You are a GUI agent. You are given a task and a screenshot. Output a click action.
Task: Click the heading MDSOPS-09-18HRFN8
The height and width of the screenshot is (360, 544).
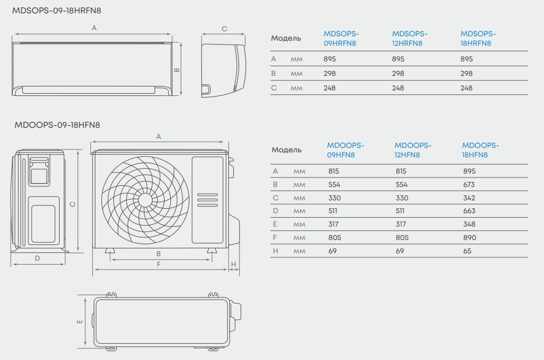(x=56, y=11)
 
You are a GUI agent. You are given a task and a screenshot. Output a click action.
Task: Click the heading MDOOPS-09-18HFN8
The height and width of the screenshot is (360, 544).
(x=57, y=125)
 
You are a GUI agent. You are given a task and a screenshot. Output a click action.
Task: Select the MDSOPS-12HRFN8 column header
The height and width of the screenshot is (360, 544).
(x=410, y=39)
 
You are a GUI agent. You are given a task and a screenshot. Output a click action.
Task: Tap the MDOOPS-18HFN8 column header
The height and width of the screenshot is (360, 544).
(x=480, y=150)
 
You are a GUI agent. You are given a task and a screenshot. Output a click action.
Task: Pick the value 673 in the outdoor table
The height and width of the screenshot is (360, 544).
(x=469, y=185)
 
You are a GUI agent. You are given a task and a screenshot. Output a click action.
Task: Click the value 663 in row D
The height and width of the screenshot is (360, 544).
(x=469, y=211)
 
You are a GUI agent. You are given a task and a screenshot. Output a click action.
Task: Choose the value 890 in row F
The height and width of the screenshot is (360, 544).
(x=469, y=238)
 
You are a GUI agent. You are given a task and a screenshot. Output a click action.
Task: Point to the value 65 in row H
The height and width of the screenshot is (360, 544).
(x=467, y=251)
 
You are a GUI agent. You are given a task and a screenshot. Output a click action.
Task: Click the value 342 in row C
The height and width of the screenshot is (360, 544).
(x=469, y=198)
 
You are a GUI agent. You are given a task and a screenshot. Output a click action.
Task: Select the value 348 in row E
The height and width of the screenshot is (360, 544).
(x=469, y=224)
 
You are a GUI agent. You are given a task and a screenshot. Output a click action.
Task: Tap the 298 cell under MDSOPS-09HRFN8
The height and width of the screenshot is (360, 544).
(x=330, y=74)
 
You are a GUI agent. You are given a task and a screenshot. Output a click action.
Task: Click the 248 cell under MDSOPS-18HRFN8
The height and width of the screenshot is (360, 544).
(x=466, y=88)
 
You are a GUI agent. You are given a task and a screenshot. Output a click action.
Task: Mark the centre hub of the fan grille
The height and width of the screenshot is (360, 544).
(x=145, y=200)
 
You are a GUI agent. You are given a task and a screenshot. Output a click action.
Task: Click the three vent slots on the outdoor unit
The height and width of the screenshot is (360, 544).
(x=208, y=200)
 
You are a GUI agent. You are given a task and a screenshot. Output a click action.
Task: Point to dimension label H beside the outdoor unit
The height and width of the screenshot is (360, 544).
(x=233, y=265)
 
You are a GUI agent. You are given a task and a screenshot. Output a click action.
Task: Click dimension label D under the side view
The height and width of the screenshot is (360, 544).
(x=37, y=258)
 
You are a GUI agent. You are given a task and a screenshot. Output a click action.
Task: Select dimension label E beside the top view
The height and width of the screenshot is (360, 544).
(x=79, y=321)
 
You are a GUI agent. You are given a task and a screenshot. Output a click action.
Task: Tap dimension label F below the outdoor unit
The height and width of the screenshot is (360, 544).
(x=158, y=265)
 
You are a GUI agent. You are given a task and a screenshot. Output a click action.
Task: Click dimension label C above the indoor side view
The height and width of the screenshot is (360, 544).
(x=224, y=29)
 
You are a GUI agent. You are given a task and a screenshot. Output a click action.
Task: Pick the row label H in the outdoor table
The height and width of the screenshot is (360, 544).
(x=276, y=251)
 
